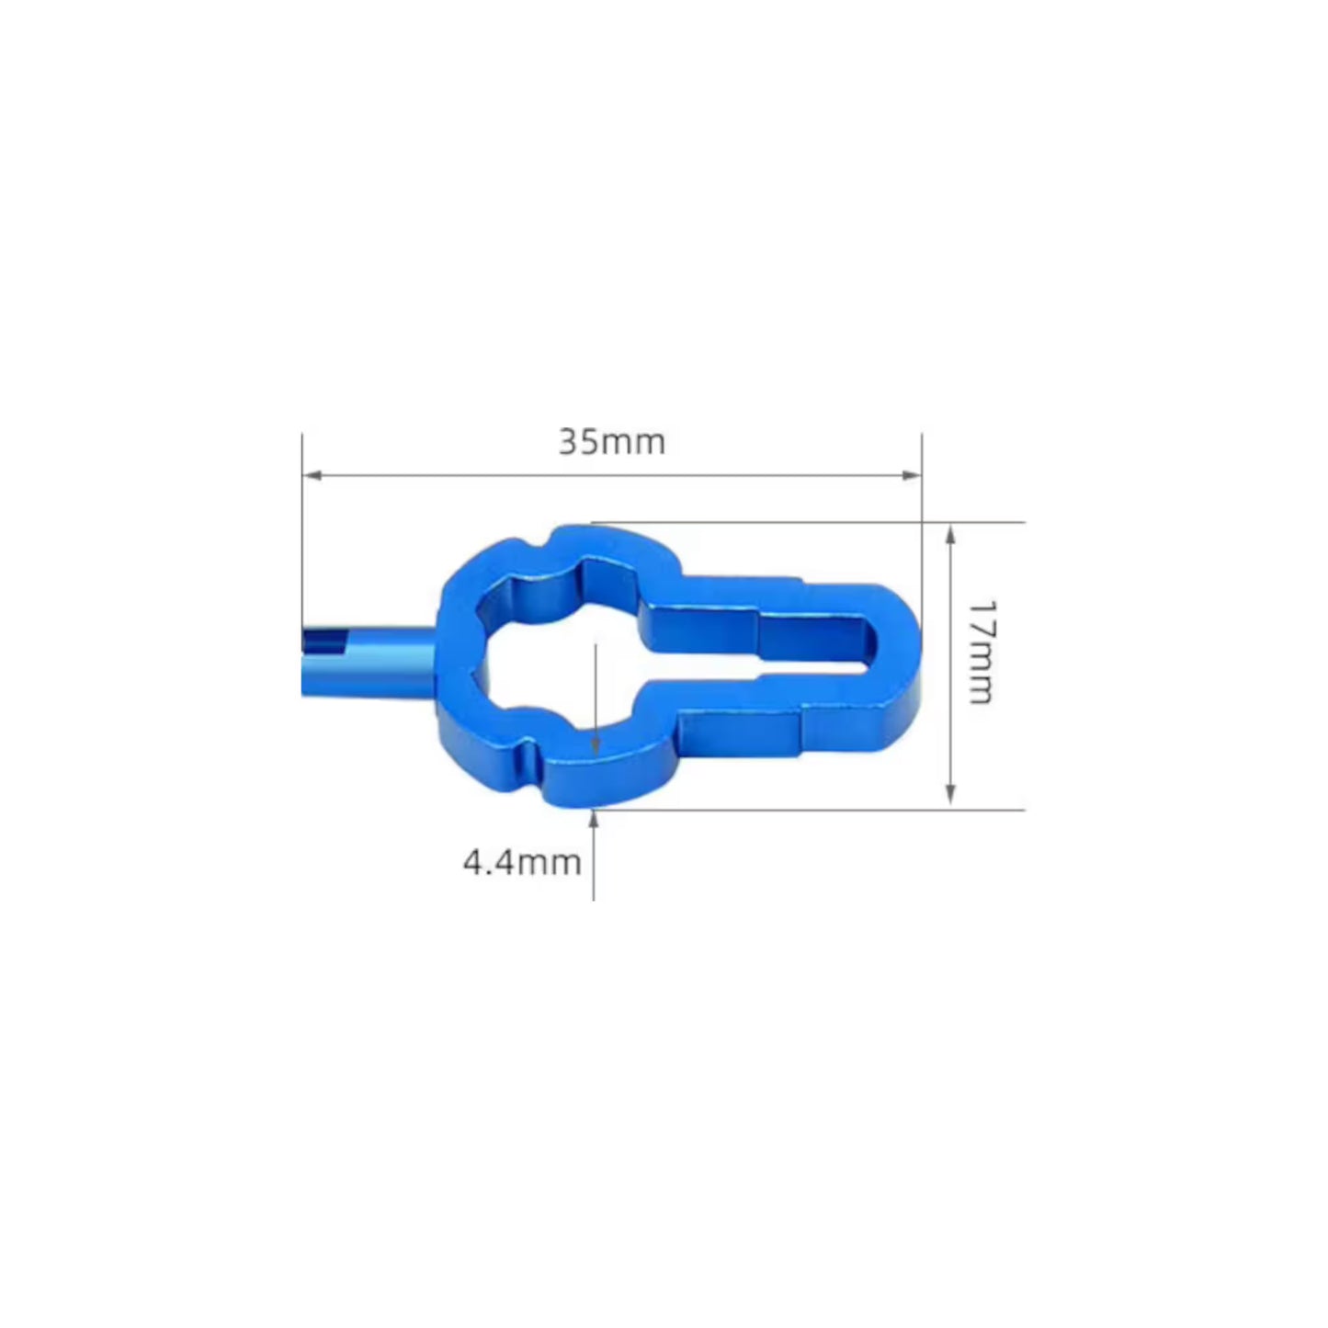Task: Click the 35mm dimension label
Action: point(611,442)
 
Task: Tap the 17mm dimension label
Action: point(981,653)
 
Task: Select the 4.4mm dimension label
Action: point(521,862)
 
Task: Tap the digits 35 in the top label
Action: point(579,442)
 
